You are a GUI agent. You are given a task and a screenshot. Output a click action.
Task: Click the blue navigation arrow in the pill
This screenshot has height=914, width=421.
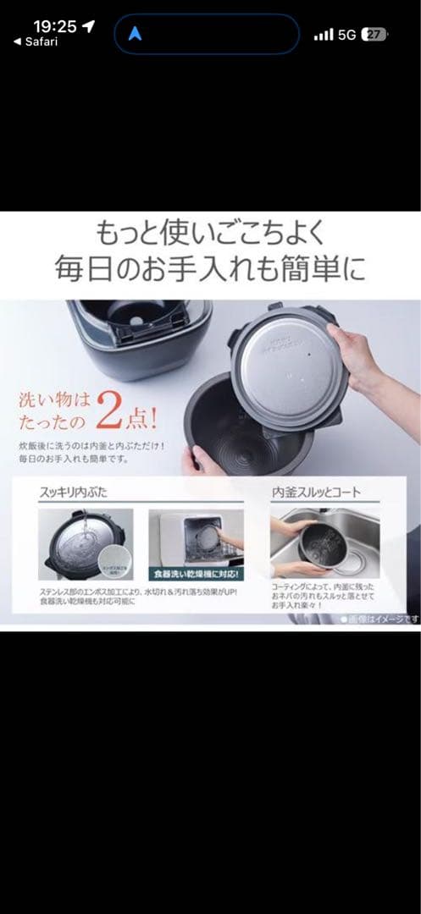(x=136, y=34)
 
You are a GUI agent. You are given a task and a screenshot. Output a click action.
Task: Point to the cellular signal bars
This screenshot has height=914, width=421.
(x=323, y=35)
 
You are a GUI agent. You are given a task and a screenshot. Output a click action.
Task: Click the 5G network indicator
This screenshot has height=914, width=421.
(x=347, y=35)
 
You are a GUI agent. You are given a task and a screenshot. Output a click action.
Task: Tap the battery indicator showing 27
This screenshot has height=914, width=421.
(x=374, y=35)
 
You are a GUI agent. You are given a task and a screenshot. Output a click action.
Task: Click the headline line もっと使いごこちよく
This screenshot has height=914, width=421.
(x=210, y=233)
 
